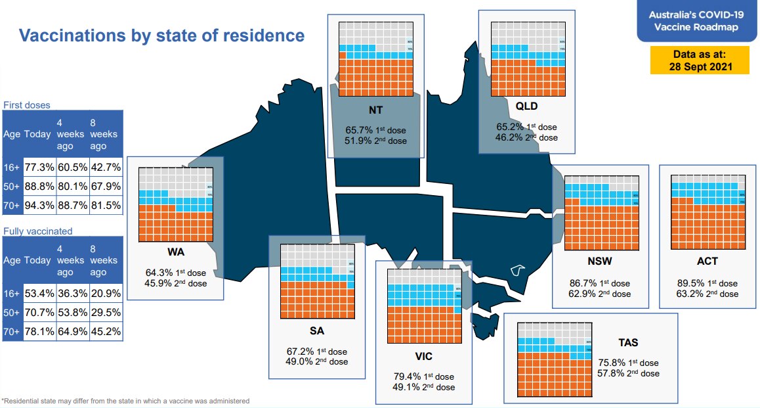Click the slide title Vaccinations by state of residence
click(161, 35)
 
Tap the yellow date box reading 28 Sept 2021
click(699, 60)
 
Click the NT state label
click(375, 110)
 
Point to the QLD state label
click(526, 106)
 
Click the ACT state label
click(707, 261)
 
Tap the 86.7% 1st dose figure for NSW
click(599, 284)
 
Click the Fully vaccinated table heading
click(38, 231)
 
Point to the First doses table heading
click(27, 105)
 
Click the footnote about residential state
click(125, 401)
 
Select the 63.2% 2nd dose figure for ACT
click(707, 294)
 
